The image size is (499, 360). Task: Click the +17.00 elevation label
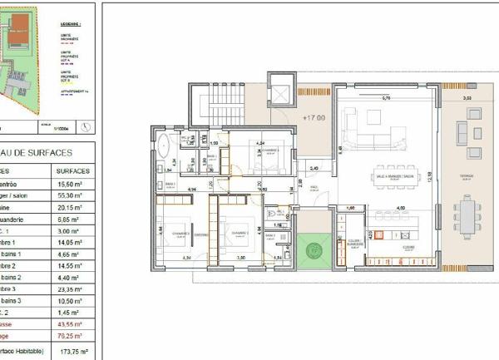click(314, 117)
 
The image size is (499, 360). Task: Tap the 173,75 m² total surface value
click(71, 353)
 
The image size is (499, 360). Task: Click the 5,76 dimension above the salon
click(386, 98)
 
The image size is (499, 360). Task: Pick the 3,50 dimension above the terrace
click(467, 98)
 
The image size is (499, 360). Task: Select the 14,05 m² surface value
click(71, 240)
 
